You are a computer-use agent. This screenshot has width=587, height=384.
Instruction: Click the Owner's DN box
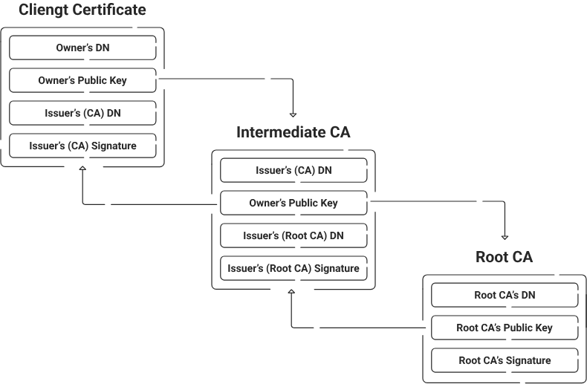(82, 48)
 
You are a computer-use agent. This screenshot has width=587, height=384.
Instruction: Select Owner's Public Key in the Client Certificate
(82, 80)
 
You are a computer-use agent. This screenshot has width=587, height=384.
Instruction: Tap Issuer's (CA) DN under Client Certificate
(82, 113)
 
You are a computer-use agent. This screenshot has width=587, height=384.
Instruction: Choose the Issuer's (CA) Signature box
(82, 146)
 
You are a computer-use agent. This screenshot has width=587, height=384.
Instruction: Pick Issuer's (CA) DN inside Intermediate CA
(293, 171)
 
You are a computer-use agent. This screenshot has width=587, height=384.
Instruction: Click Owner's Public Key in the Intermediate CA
(293, 203)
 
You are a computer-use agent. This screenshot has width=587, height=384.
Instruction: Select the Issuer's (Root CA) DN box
(293, 235)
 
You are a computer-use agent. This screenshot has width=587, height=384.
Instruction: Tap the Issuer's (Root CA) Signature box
(293, 268)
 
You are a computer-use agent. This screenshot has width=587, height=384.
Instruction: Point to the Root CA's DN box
(505, 295)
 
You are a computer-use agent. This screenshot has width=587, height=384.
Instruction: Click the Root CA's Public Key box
(505, 328)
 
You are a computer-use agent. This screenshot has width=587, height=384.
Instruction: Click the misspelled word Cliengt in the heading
(41, 10)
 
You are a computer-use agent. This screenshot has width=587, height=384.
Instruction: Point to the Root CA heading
(505, 258)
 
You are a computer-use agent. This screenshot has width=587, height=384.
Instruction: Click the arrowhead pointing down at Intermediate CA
(293, 114)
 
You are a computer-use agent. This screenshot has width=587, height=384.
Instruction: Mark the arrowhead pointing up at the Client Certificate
(82, 170)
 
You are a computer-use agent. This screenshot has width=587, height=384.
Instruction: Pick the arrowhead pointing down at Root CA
(505, 236)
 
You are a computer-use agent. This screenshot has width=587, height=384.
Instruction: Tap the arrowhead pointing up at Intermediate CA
(292, 293)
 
